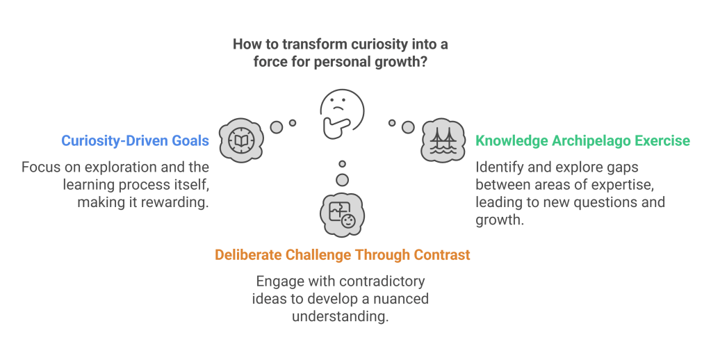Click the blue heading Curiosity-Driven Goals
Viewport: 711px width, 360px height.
(135, 140)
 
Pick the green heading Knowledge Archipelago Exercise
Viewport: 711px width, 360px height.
(582, 140)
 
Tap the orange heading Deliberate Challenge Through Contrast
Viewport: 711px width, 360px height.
(342, 255)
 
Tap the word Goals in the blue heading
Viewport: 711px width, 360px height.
(190, 140)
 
